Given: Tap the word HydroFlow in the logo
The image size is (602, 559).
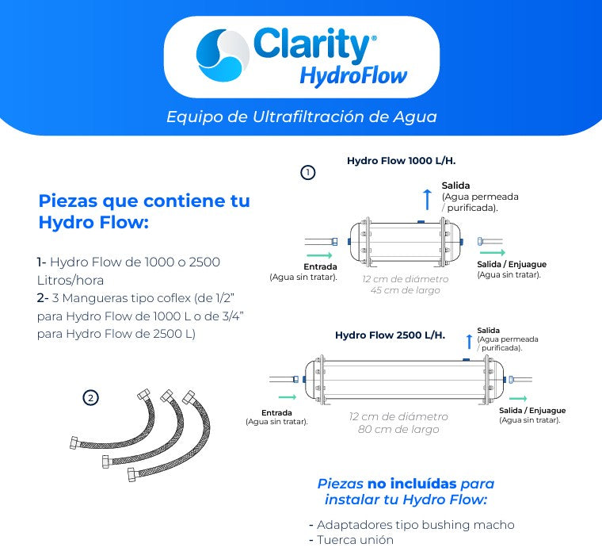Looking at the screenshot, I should tap(352, 76).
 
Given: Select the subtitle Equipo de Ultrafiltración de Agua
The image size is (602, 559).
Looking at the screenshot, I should tap(301, 117).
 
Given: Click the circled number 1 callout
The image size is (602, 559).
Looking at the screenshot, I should tap(309, 172).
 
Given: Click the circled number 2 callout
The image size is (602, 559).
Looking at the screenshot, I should tap(91, 398).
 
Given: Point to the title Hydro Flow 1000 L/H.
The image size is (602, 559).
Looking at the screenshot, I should tap(401, 161).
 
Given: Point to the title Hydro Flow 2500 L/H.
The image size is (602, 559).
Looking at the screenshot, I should tap(390, 335).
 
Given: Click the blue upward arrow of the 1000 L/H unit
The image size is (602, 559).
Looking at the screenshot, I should tap(427, 198).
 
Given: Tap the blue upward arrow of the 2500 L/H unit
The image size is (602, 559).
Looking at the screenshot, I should tap(469, 341).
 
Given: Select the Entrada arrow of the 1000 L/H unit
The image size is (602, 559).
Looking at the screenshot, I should tap(318, 255).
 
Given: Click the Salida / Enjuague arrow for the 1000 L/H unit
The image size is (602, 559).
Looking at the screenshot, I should tap(492, 252).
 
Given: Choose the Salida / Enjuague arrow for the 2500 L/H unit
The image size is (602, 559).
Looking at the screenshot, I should tap(518, 398).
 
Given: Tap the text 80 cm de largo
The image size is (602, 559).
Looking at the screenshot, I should tap(398, 430).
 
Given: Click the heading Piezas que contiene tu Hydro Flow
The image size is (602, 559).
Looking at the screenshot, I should tap(144, 212).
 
